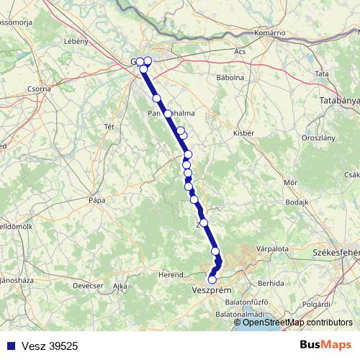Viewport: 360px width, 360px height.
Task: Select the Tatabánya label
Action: [338, 101]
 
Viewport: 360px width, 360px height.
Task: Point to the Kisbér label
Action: [243, 133]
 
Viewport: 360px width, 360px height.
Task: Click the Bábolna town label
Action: [230, 77]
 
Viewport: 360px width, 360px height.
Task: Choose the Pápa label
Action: [96, 199]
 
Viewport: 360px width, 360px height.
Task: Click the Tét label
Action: [109, 127]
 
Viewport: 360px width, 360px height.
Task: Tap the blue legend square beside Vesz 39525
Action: [8, 346]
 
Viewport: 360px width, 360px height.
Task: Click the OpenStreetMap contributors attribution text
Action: [297, 323]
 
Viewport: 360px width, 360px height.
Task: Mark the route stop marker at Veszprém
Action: [212, 279]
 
